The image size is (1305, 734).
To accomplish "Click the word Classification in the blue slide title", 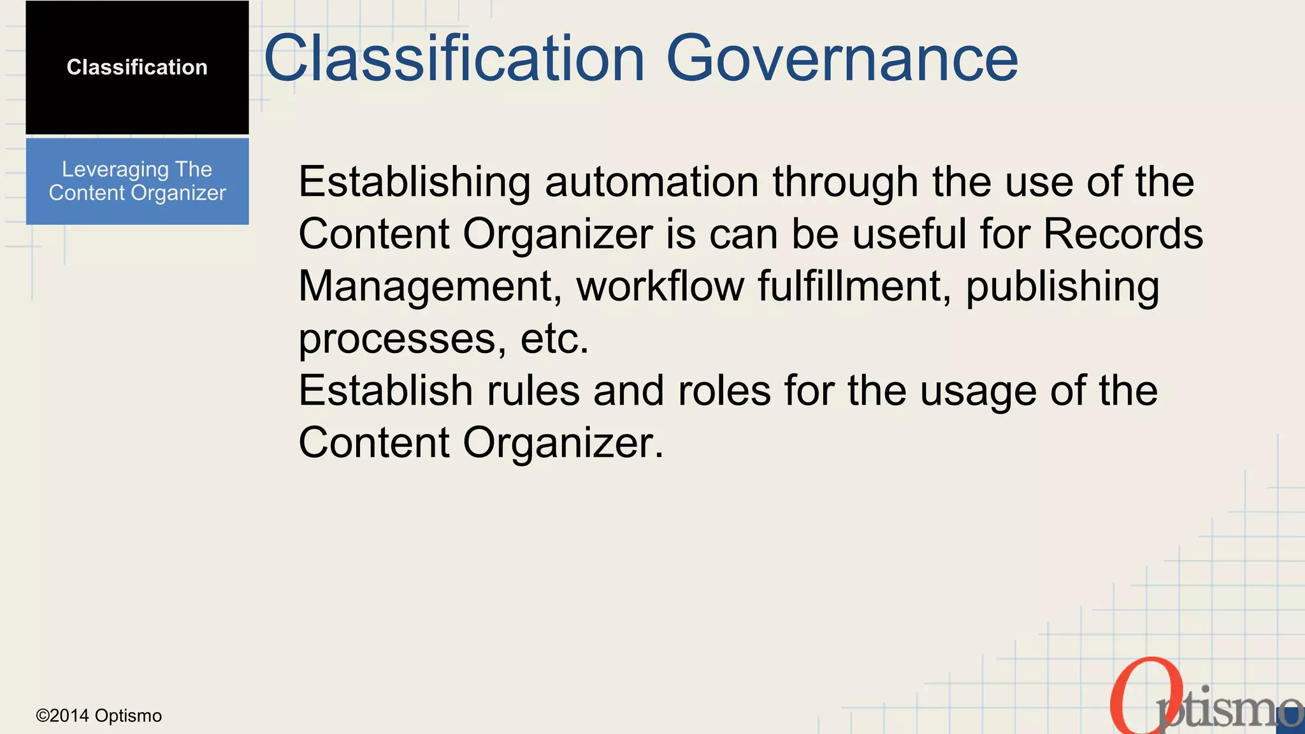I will (454, 59).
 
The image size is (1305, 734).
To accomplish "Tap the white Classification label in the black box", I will (137, 67).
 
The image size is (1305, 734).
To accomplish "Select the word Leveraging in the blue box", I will (115, 169).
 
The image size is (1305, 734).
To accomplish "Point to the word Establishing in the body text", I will (414, 182).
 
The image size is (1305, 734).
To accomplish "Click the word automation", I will (651, 182).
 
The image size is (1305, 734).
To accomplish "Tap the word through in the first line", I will (846, 182).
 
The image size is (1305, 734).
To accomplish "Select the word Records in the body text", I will (1123, 234).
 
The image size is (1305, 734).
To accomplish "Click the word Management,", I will (430, 286).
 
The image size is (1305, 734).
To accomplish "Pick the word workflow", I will (660, 286).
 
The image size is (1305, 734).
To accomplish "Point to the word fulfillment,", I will (854, 286).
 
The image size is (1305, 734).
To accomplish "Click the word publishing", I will (1062, 286).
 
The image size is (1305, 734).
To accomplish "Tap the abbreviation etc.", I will (554, 338).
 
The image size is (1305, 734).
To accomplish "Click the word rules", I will (533, 391).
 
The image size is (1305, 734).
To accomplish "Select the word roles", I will (724, 391).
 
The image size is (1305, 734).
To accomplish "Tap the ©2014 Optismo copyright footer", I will (99, 716).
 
